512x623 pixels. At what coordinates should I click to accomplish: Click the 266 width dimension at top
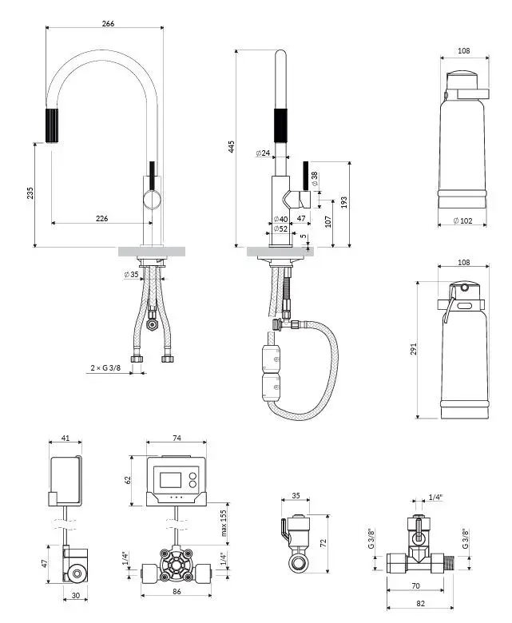pyautogui.click(x=108, y=23)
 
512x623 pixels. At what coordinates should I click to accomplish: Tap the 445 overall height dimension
pyautogui.click(x=231, y=146)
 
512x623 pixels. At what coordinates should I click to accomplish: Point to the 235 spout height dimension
pyautogui.click(x=30, y=193)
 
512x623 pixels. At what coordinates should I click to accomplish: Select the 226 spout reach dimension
pyautogui.click(x=101, y=218)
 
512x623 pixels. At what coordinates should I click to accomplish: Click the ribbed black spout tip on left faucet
pyautogui.click(x=52, y=125)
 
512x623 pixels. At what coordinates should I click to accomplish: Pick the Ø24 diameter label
pyautogui.click(x=263, y=153)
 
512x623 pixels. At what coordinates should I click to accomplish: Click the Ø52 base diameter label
pyautogui.click(x=280, y=229)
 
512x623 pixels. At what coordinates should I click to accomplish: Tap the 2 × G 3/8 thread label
pyautogui.click(x=105, y=368)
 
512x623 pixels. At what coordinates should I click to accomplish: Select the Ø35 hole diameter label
pyautogui.click(x=131, y=274)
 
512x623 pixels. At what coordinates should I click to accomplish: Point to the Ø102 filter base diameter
pyautogui.click(x=462, y=220)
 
